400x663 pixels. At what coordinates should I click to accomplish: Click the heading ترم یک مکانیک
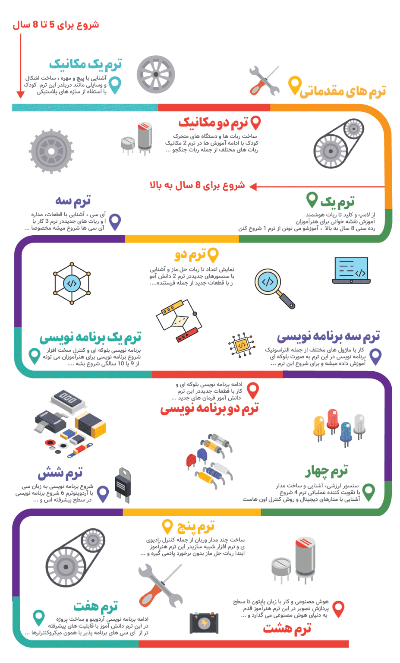click(x=85, y=64)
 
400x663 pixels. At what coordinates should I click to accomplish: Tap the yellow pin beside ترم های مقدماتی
click(x=294, y=85)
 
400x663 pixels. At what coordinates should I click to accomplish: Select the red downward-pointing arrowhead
click(x=20, y=95)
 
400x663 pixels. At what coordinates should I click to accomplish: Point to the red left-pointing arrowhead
click(x=253, y=186)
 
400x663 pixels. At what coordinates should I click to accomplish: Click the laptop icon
click(x=351, y=271)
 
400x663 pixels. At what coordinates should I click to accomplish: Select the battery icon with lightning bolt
click(x=204, y=623)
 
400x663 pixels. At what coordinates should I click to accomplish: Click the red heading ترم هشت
click(x=287, y=628)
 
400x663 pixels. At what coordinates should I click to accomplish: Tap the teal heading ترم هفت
click(x=95, y=606)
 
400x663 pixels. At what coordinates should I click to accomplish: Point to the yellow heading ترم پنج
click(x=195, y=526)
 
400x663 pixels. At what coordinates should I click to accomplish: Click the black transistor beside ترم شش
click(x=122, y=484)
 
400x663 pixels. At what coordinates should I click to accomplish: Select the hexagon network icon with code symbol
click(x=72, y=283)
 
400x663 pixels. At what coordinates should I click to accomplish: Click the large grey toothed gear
click(x=52, y=152)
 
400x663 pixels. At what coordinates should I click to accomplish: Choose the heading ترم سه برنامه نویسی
click(x=328, y=336)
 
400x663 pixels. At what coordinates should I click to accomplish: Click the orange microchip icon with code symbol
click(x=241, y=345)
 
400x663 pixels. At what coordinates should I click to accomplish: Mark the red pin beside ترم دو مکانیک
click(x=255, y=123)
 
